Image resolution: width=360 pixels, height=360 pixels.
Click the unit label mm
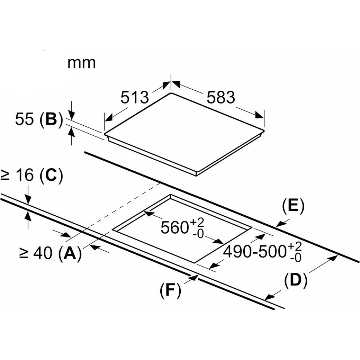click(x=82, y=62)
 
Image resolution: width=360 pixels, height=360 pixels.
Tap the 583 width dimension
click(x=221, y=97)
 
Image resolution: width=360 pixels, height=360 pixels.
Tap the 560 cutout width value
click(x=175, y=227)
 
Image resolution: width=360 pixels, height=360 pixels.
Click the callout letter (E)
click(x=292, y=207)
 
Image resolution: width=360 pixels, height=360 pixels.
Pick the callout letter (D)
click(x=296, y=281)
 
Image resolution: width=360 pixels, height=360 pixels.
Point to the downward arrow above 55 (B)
click(x=72, y=115)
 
